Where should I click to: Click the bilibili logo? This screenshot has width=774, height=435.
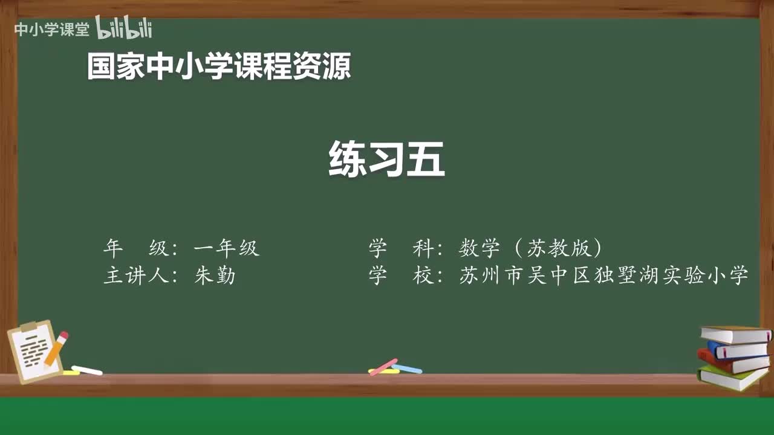(123, 28)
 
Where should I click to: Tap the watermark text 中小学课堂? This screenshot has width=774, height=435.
(52, 29)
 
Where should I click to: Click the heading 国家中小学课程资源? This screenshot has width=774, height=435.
(218, 66)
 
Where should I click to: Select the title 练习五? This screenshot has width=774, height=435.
(386, 159)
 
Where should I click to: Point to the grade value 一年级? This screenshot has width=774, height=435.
(226, 248)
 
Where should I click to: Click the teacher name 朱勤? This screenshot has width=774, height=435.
(215, 275)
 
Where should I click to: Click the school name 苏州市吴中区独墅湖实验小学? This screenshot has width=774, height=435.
(604, 275)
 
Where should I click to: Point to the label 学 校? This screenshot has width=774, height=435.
(403, 275)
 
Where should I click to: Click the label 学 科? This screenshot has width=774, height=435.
(403, 248)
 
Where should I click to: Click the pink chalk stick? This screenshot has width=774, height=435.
(383, 366)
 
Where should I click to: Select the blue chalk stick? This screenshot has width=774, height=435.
(407, 368)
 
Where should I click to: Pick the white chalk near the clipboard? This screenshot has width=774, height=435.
(87, 370)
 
